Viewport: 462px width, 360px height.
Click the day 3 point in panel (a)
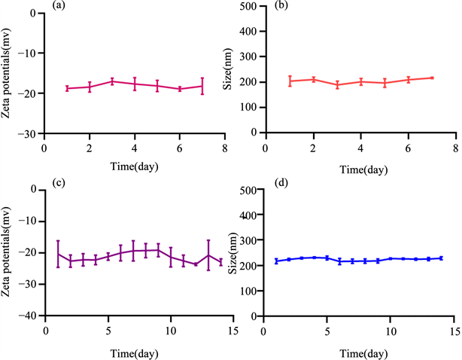pyautogui.click(x=112, y=81)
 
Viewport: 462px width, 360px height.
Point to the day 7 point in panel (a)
pyautogui.click(x=202, y=86)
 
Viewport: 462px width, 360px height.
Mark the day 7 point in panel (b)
pyautogui.click(x=432, y=78)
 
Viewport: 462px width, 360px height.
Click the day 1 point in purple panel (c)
pyautogui.click(x=59, y=254)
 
